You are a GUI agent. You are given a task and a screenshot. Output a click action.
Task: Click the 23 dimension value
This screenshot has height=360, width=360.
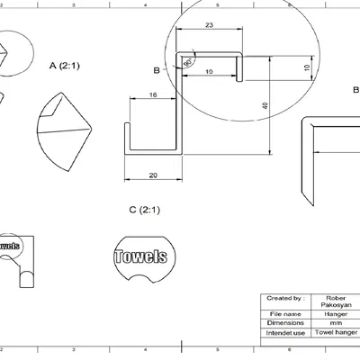click(209, 25)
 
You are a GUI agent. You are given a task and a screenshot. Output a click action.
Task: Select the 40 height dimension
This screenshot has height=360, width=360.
click(265, 105)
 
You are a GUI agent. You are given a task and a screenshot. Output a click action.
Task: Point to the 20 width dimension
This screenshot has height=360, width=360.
click(153, 175)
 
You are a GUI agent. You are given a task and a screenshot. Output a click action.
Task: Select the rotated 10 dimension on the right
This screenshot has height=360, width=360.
click(306, 68)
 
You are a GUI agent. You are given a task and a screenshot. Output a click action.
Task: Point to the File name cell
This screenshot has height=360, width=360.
click(284, 312)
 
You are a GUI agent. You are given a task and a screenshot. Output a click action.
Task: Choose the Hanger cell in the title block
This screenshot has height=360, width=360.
click(335, 312)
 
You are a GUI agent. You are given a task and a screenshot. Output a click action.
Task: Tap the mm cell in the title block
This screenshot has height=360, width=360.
click(335, 322)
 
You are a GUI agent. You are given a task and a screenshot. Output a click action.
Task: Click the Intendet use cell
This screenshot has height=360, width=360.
click(284, 332)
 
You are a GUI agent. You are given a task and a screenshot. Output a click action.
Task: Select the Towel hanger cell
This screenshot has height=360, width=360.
click(335, 332)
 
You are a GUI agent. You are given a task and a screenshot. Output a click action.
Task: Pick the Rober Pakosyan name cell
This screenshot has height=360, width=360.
click(335, 301)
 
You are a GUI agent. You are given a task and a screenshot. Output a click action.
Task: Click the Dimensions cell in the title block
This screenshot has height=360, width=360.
click(284, 322)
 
